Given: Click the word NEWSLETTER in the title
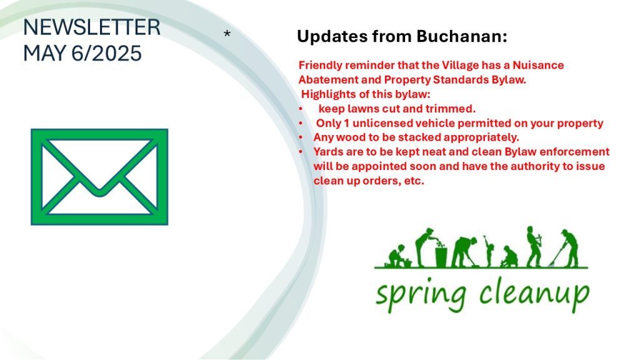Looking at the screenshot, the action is (92, 27).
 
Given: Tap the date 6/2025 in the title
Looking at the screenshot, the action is (106, 54).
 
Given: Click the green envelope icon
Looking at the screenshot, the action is (99, 177).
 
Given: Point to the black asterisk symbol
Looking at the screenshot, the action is (227, 34).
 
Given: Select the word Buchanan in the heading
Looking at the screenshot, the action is (462, 36).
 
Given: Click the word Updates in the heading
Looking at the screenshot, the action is (332, 37).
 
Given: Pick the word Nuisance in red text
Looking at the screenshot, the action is (538, 65).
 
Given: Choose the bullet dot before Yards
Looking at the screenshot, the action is (301, 152).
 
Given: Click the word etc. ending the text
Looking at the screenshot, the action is (414, 181).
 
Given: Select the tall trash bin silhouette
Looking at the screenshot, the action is (441, 256).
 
